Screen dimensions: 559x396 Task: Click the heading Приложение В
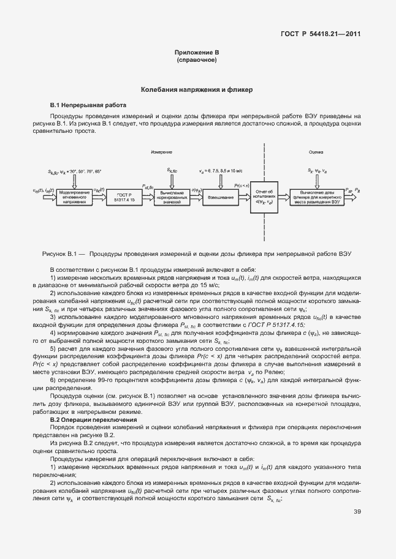pyautogui.click(x=197, y=54)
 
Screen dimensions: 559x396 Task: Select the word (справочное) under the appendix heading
pyautogui.click(x=197, y=61)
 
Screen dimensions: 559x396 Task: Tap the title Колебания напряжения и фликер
pyautogui.click(x=197, y=90)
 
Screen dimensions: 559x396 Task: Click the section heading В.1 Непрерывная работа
pyautogui.click(x=87, y=105)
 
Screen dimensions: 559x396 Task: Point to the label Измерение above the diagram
pyautogui.click(x=161, y=151)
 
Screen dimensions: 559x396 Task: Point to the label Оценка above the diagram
pyautogui.click(x=316, y=151)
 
